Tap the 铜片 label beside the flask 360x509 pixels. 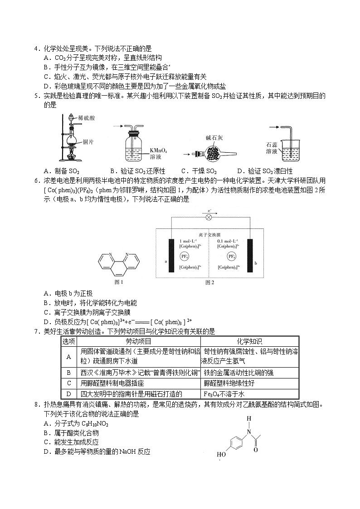tap(88, 142)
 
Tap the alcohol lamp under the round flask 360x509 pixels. tap(71, 157)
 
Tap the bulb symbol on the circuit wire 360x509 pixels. tap(209, 217)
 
